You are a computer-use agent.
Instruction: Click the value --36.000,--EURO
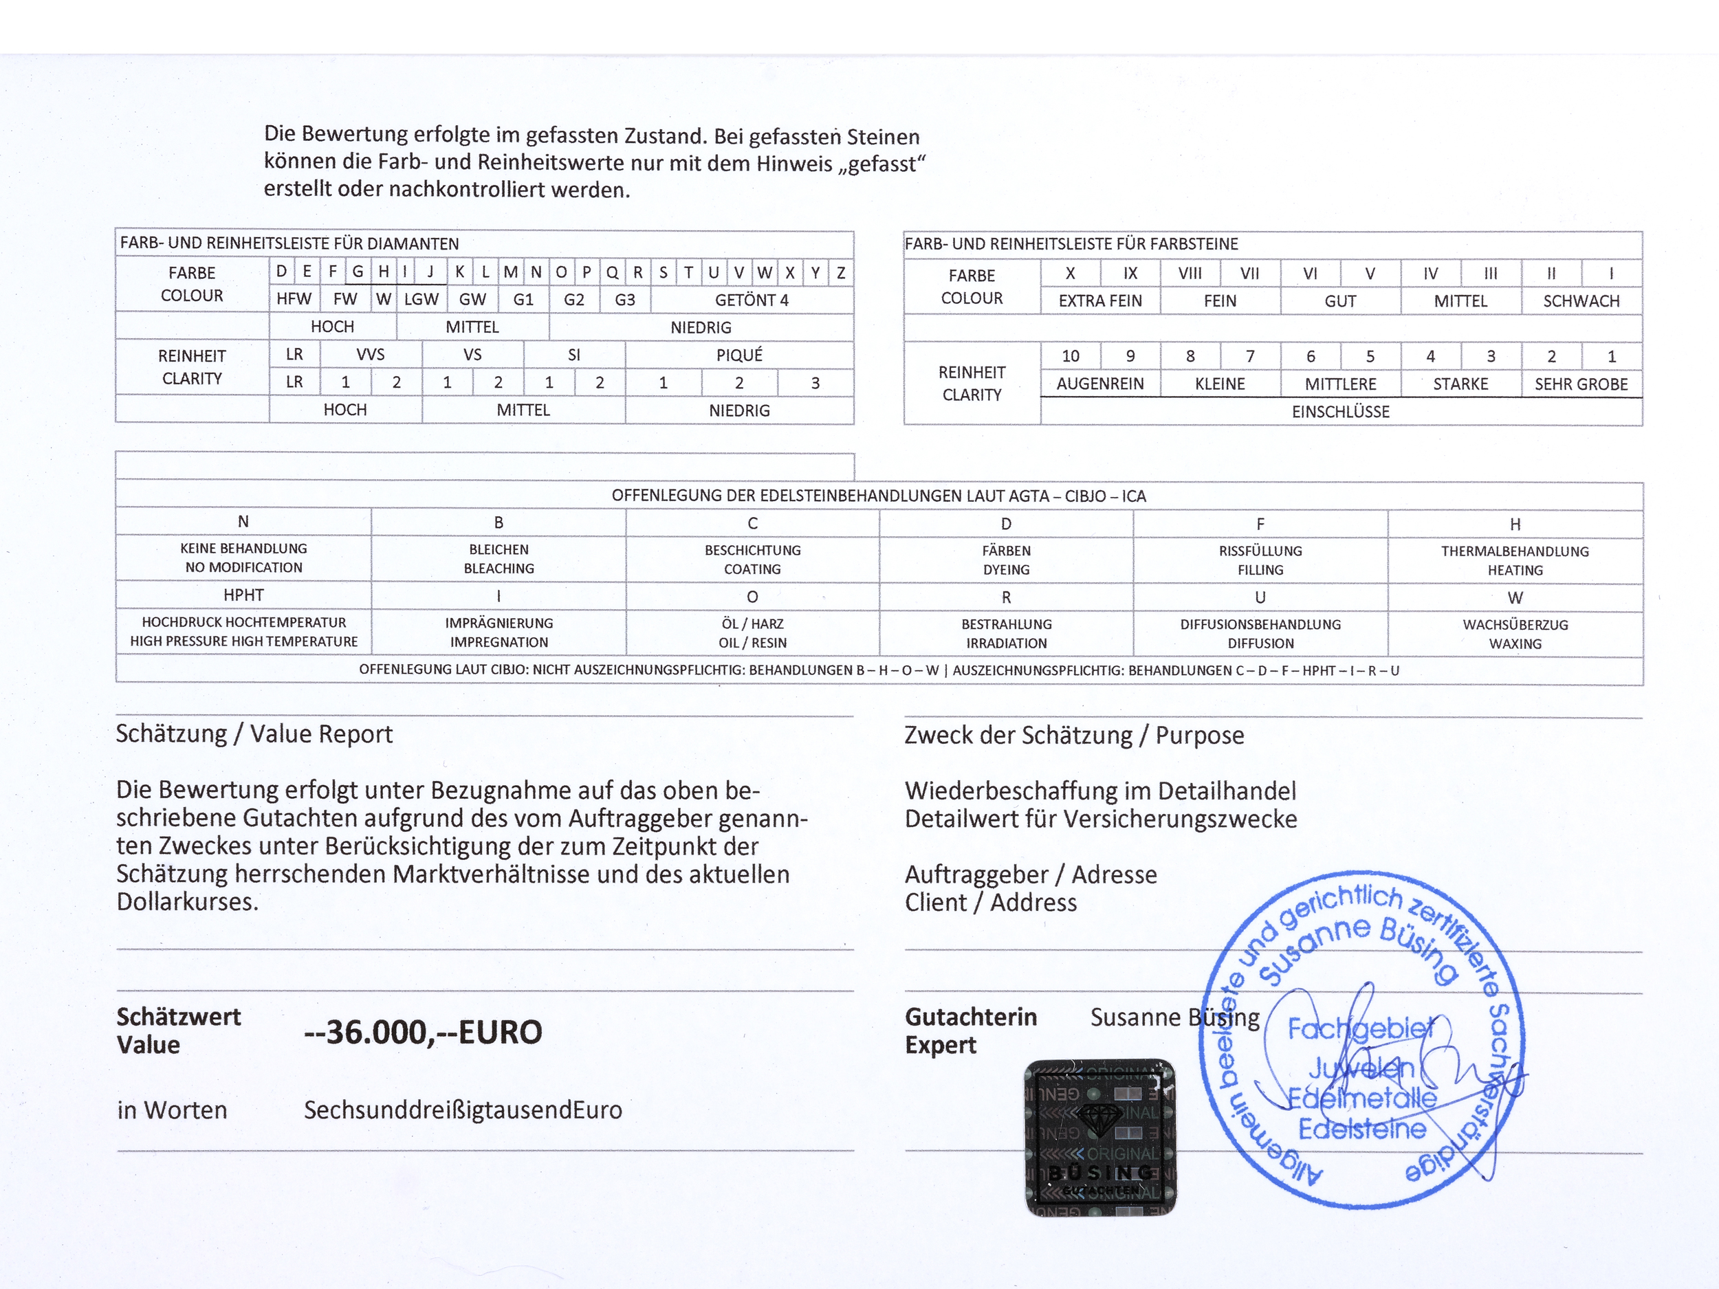(x=423, y=1032)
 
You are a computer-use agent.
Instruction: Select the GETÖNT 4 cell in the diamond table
(x=752, y=300)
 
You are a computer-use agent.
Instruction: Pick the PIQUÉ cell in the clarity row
(x=739, y=355)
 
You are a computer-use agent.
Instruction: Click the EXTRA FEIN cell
(x=1099, y=300)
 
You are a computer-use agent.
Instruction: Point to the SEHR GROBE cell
(x=1581, y=384)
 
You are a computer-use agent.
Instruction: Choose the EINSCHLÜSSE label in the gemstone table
(x=1341, y=412)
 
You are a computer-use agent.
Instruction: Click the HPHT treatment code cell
(x=243, y=595)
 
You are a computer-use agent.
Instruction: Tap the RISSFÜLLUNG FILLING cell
(x=1260, y=560)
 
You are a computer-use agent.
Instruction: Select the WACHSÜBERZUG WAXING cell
(x=1515, y=634)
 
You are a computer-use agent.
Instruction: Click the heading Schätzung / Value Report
(x=254, y=734)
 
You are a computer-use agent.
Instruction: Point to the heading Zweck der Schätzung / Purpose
(x=1074, y=735)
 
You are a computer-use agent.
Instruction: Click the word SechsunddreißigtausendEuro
(x=463, y=1110)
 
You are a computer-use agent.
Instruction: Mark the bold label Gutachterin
(x=971, y=1017)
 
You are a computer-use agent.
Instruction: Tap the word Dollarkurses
(x=187, y=902)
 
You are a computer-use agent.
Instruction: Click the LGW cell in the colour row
(x=421, y=300)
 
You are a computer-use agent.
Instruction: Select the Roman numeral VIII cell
(x=1189, y=274)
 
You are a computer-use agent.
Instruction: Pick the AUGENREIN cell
(x=1099, y=384)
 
